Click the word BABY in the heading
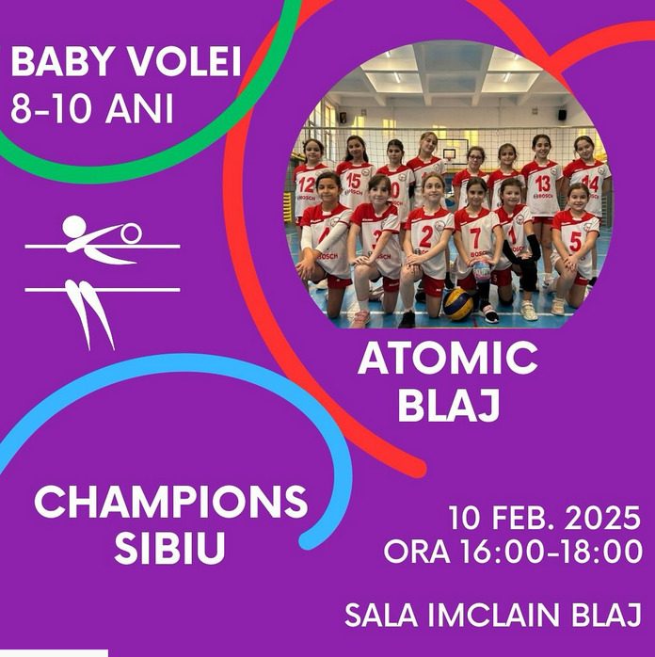(x=63, y=62)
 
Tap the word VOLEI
(x=184, y=62)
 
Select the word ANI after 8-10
(x=139, y=108)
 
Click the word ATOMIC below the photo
(x=448, y=359)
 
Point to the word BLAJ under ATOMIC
(x=449, y=406)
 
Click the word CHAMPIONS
(x=171, y=502)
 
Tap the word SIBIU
(x=170, y=548)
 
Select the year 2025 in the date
(x=601, y=519)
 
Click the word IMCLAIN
(x=494, y=615)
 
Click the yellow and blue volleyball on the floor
(x=458, y=304)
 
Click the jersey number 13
(x=543, y=184)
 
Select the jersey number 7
(x=475, y=238)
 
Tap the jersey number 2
(x=425, y=237)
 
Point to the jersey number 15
(x=354, y=181)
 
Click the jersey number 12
(x=307, y=184)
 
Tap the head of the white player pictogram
(x=74, y=227)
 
